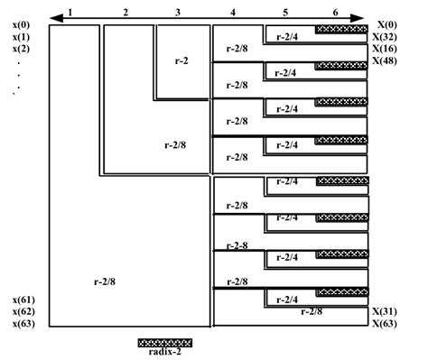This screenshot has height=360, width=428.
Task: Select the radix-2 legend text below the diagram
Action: [165, 353]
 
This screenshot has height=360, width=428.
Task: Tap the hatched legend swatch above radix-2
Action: [165, 343]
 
